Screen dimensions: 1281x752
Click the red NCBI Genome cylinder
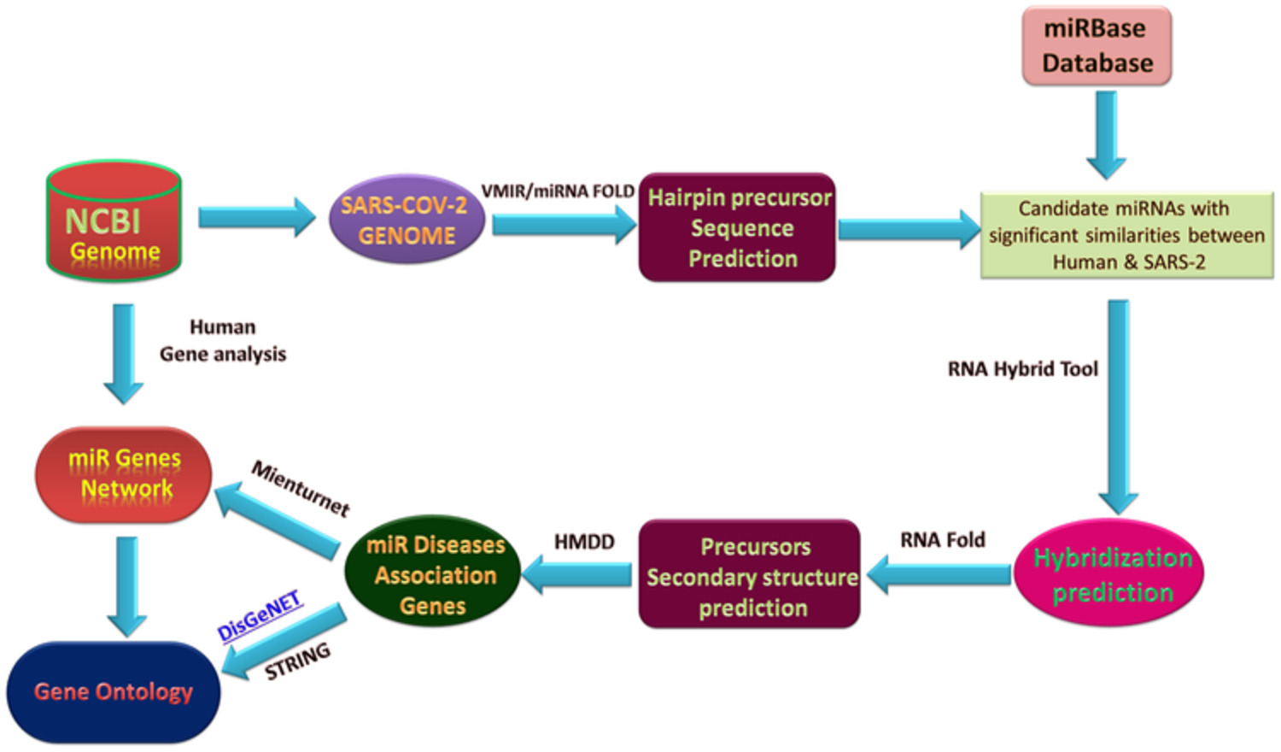click(114, 221)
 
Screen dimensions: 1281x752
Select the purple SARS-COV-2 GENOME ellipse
click(407, 219)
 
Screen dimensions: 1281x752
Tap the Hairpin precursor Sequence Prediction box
click(737, 227)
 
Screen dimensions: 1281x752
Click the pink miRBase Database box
click(1097, 46)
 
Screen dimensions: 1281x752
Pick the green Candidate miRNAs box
click(1126, 235)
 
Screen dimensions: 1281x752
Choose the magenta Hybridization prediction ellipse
click(1108, 573)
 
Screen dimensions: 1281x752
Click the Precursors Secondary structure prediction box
click(750, 574)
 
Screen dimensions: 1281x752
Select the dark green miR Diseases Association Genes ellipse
click(433, 571)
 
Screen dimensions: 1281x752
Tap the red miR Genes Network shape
click(124, 474)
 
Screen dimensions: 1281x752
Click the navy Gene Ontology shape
click(114, 692)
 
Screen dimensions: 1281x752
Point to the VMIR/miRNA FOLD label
click(558, 191)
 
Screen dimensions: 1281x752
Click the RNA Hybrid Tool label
click(1023, 369)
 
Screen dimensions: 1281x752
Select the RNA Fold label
click(943, 540)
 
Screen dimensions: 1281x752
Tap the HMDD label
click(584, 542)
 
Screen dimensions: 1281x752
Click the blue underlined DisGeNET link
click(260, 616)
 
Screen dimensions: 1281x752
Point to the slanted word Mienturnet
click(301, 489)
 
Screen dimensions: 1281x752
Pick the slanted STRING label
click(297, 661)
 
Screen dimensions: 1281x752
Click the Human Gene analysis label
click(223, 340)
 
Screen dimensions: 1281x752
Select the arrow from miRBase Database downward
click(1107, 135)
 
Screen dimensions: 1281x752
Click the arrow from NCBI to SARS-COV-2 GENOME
click(257, 217)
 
